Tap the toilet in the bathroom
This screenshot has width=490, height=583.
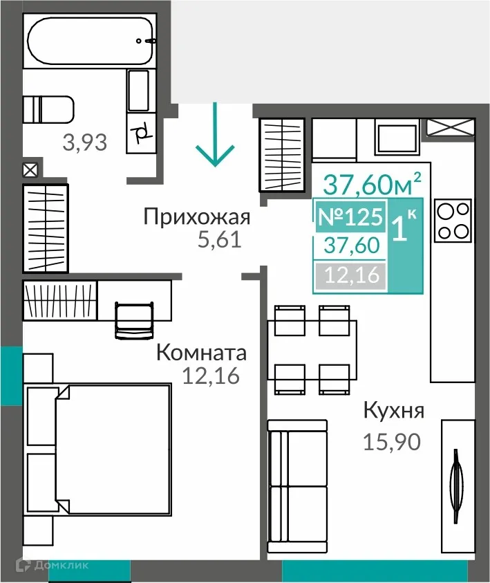coord(48,109)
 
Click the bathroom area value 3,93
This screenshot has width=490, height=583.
coord(84,143)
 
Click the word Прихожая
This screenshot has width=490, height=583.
coord(196,217)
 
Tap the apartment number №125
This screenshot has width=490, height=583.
coord(350,217)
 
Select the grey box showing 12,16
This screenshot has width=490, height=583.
coord(350,275)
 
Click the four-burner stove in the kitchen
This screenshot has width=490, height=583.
coord(453,221)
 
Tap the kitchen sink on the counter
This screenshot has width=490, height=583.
coord(397,136)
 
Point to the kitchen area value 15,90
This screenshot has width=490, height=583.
coord(392,441)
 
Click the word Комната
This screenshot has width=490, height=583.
coord(201,353)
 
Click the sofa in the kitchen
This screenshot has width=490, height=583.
coord(297,485)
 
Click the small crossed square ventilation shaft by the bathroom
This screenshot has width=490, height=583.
coord(30,170)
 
